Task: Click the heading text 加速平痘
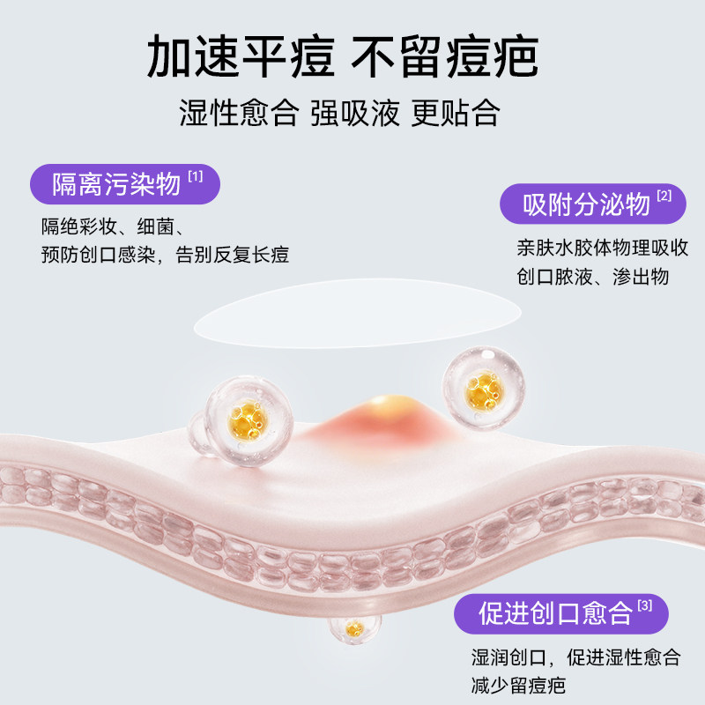point(241,60)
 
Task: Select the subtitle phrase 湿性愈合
point(237,113)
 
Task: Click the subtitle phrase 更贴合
point(456,113)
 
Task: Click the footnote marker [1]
point(195,177)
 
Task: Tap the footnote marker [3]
point(645,605)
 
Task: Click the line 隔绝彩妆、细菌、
point(108,226)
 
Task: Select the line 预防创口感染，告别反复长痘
point(165,255)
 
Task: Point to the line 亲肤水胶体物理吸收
point(603,247)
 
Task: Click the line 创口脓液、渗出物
point(592,277)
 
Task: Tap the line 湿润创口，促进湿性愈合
point(575,657)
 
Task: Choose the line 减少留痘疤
point(517,686)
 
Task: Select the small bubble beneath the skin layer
point(354,627)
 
